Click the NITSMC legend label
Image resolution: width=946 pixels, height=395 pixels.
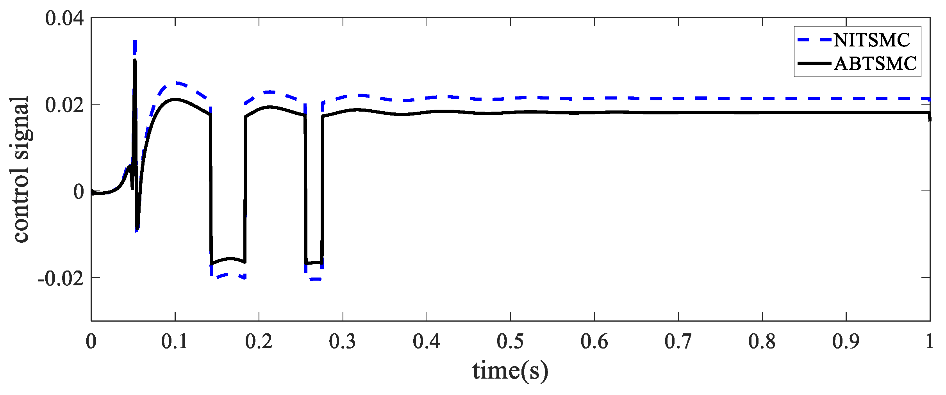pyautogui.click(x=872, y=40)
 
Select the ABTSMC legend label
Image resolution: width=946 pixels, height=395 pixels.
pyautogui.click(x=875, y=64)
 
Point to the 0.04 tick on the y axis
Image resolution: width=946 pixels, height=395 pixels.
pyautogui.click(x=64, y=18)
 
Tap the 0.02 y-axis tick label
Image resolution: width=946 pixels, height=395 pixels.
pyautogui.click(x=64, y=105)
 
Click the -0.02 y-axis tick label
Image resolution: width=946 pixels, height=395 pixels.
pyautogui.click(x=61, y=279)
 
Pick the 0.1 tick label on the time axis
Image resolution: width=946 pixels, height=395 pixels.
pyautogui.click(x=175, y=342)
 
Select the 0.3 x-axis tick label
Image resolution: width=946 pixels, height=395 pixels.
pyautogui.click(x=343, y=342)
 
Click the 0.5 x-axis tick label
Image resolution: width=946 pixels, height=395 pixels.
pyautogui.click(x=510, y=342)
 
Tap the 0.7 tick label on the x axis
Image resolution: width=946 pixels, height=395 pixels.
pyautogui.click(x=678, y=342)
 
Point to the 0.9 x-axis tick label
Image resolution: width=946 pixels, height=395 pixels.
pyautogui.click(x=846, y=342)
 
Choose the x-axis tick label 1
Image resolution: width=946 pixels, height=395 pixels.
pyautogui.click(x=930, y=342)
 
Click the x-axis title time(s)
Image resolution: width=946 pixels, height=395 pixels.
pyautogui.click(x=510, y=371)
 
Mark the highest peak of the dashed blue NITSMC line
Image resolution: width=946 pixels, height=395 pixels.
pyautogui.click(x=135, y=41)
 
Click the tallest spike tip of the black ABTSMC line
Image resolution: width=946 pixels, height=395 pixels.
pyautogui.click(x=135, y=60)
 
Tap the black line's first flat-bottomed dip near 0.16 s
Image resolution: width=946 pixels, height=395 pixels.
pyautogui.click(x=228, y=260)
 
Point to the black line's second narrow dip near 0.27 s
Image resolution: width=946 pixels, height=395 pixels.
pyautogui.click(x=314, y=263)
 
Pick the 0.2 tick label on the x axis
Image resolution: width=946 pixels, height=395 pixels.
pyautogui.click(x=259, y=342)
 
